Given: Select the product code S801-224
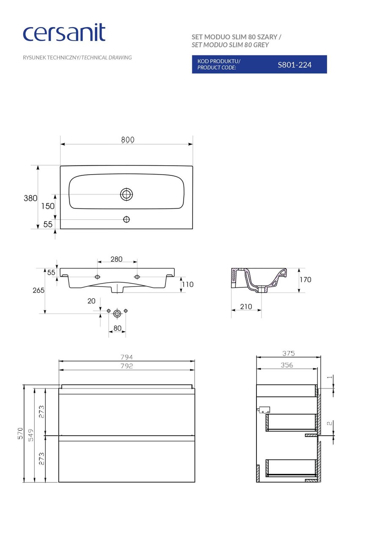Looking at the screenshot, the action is (x=294, y=65).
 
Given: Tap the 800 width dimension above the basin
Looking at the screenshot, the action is (x=128, y=139).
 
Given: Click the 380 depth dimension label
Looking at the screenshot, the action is (x=30, y=198).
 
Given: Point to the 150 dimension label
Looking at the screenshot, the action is (x=48, y=206).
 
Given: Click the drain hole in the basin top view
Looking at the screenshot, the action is (x=127, y=194).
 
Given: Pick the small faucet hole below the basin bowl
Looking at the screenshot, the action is (x=127, y=219).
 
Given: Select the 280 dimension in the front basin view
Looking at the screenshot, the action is (x=116, y=259).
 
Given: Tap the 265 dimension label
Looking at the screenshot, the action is (x=39, y=290).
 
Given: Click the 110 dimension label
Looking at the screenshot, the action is (x=188, y=284).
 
